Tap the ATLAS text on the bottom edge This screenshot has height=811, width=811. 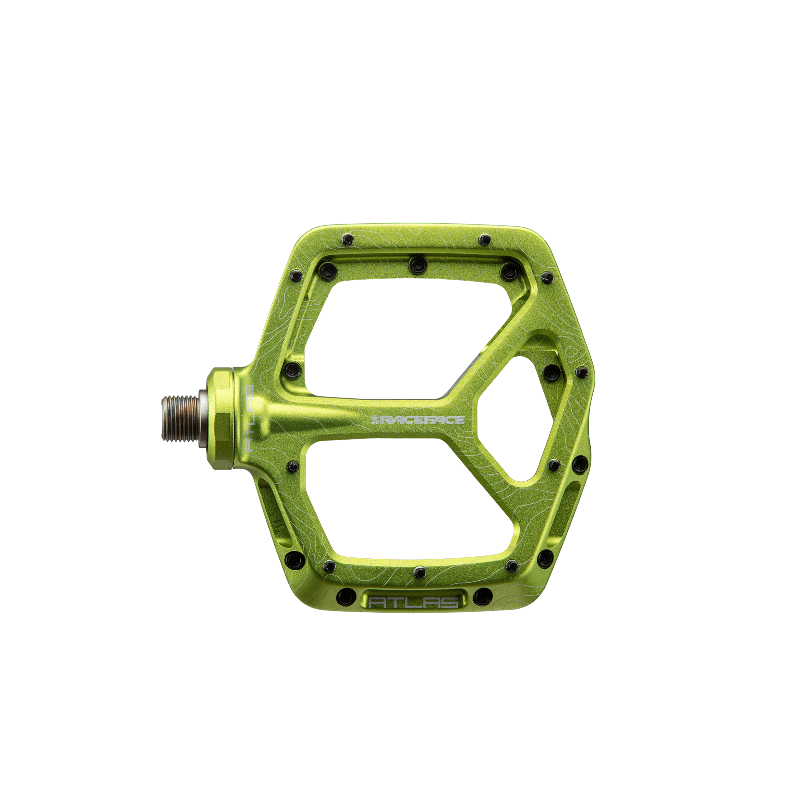click(414, 603)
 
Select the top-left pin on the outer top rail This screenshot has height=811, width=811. click(348, 240)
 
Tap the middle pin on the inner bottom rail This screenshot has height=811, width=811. click(418, 571)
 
